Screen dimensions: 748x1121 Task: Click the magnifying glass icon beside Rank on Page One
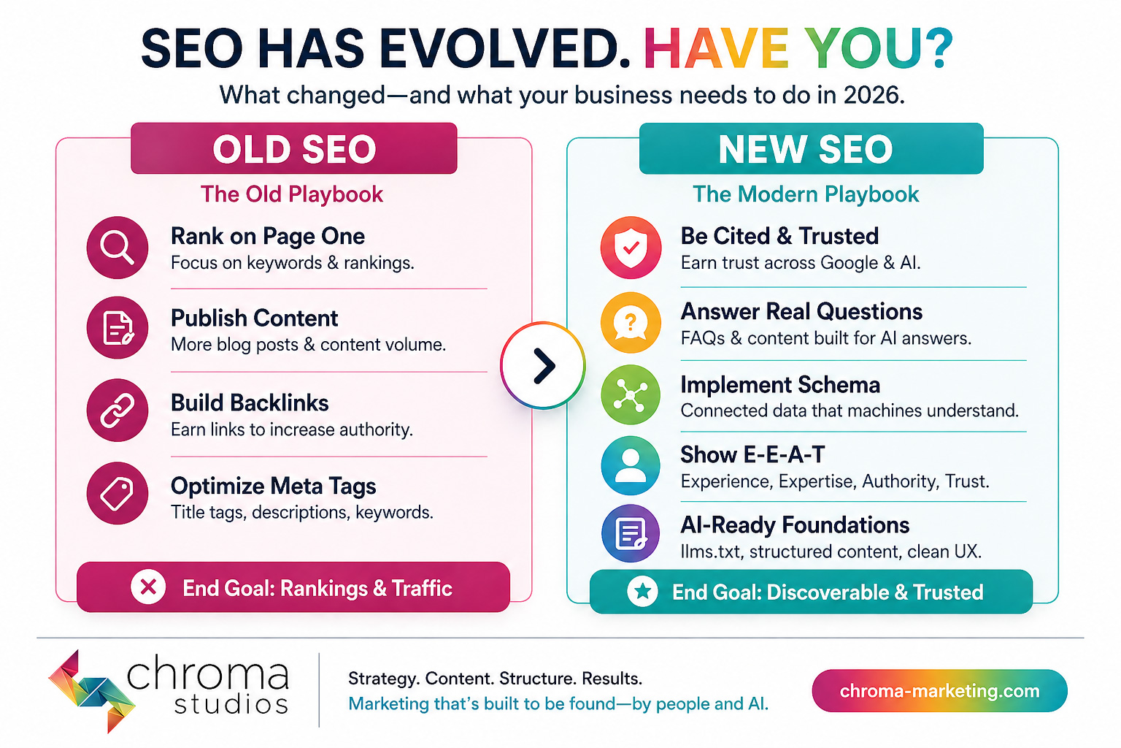pyautogui.click(x=117, y=247)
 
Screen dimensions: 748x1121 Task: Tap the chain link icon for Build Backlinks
pyautogui.click(x=117, y=410)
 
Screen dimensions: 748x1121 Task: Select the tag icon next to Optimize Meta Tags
pyautogui.click(x=117, y=493)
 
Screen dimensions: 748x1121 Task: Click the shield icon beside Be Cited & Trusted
pyautogui.click(x=631, y=247)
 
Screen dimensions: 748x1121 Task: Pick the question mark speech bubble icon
pyautogui.click(x=631, y=322)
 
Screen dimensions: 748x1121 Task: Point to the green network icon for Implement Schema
pyautogui.click(x=631, y=394)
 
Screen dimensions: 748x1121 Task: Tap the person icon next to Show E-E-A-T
pyautogui.click(x=631, y=465)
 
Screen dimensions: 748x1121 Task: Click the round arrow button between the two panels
pyautogui.click(x=543, y=365)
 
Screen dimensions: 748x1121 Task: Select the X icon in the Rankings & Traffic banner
pyautogui.click(x=148, y=587)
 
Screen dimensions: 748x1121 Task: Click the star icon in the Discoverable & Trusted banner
pyautogui.click(x=642, y=591)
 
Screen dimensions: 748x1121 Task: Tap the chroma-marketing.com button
pyautogui.click(x=939, y=690)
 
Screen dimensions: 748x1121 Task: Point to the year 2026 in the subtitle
pyautogui.click(x=873, y=95)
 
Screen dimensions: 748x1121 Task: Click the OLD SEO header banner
pyautogui.click(x=294, y=149)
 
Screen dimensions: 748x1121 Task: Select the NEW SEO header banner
pyautogui.click(x=811, y=149)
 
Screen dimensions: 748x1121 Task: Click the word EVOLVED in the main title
pyautogui.click(x=505, y=50)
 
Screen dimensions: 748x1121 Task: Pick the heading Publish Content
pyautogui.click(x=254, y=318)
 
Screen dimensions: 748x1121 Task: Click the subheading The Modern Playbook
pyautogui.click(x=806, y=194)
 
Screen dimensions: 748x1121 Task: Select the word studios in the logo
pyautogui.click(x=231, y=704)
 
